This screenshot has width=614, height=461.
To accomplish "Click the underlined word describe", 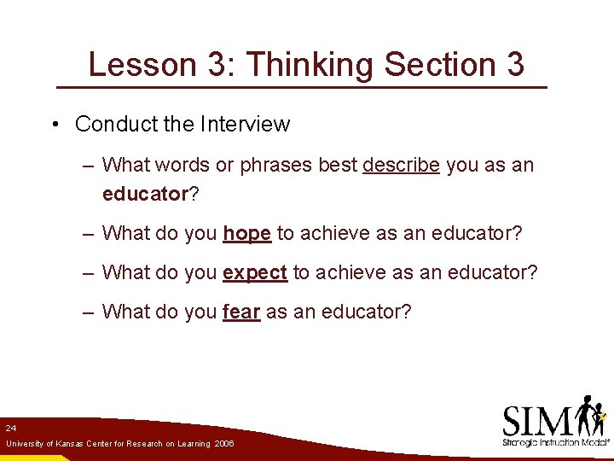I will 402,165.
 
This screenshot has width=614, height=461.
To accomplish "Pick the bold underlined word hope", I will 246,233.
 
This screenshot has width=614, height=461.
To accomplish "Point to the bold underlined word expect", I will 254,272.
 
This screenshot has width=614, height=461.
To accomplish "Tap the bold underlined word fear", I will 240,312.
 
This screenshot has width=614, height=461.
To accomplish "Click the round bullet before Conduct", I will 54,125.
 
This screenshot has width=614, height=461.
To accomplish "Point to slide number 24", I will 10,427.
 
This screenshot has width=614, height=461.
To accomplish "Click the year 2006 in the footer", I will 224,444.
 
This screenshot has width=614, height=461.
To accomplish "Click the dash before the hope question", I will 89,233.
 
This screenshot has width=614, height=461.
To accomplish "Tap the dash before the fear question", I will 89,312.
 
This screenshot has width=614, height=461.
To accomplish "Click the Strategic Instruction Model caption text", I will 555,443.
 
